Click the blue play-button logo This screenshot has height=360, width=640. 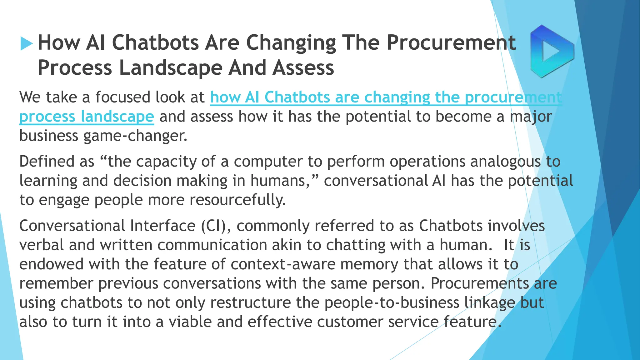(552, 51)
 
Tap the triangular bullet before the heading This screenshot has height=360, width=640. (26, 43)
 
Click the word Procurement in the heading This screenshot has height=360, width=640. (451, 42)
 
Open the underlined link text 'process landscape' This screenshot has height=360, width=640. (87, 117)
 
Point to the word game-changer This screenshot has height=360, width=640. (135, 136)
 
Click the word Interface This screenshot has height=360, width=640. (162, 226)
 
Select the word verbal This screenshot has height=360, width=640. (42, 245)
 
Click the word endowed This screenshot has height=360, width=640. (51, 264)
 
